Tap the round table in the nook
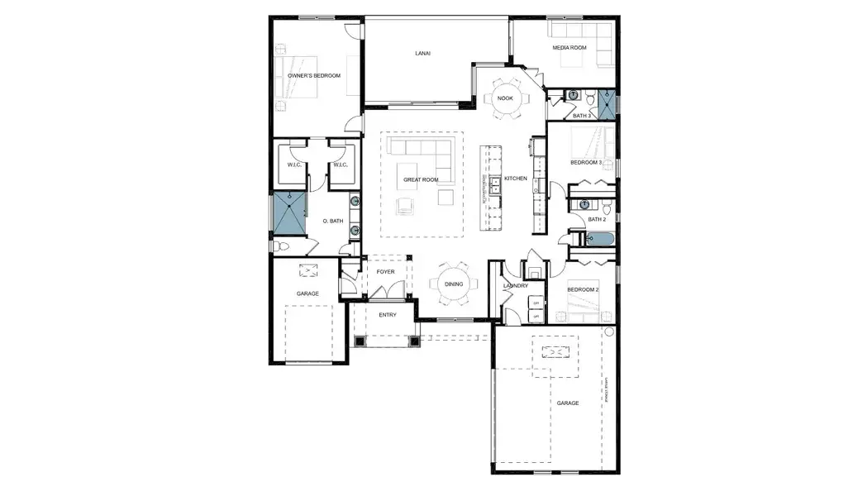(505, 98)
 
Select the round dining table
(454, 284)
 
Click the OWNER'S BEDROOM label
(315, 75)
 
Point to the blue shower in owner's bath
(290, 214)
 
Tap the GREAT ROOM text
(421, 179)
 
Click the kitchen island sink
(495, 185)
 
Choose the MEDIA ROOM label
(569, 48)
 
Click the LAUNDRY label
(515, 286)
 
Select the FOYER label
(385, 271)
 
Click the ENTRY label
(388, 315)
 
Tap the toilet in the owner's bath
(280, 246)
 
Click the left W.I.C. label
(294, 165)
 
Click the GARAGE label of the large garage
(568, 403)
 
